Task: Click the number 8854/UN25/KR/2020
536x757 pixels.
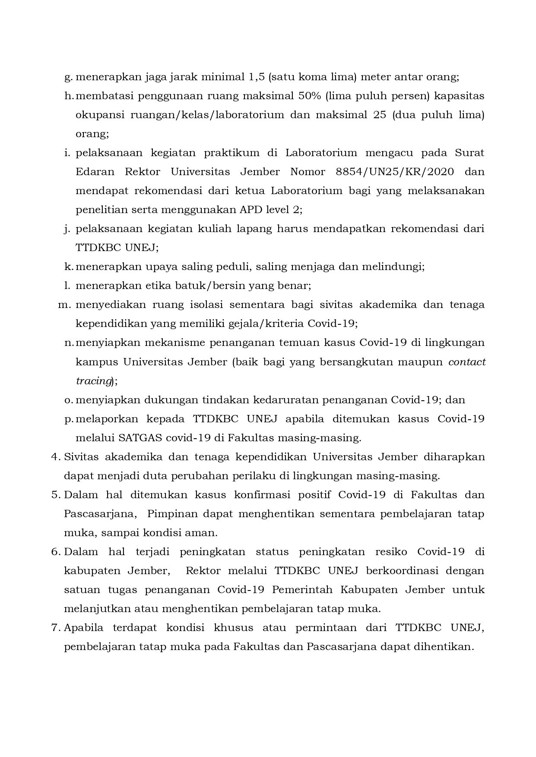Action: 394,172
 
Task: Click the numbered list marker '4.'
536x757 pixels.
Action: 55,457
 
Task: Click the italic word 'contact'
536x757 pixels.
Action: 467,362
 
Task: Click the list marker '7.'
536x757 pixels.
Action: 55,628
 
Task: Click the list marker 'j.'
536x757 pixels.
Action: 67,229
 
